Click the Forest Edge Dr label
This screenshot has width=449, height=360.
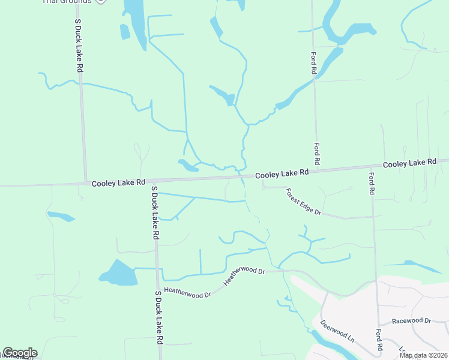[x=304, y=202]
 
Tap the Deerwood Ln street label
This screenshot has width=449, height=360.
[x=337, y=331]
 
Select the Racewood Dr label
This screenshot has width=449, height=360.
[x=411, y=321]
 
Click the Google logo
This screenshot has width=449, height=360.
[x=19, y=353]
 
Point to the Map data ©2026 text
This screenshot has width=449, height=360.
[x=423, y=355]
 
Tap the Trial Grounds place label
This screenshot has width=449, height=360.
[x=67, y=2]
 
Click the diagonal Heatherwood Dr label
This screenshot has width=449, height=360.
[x=244, y=276]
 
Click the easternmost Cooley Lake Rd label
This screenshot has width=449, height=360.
[x=409, y=163]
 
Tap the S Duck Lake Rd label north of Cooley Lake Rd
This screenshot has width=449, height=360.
[x=79, y=46]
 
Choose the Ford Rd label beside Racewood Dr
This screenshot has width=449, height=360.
[x=379, y=340]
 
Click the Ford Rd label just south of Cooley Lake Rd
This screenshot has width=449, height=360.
[x=372, y=183]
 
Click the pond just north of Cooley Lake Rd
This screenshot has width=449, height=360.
[x=188, y=165]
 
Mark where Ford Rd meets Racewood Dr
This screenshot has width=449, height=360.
[x=378, y=325]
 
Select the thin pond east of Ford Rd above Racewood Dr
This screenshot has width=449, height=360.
[x=414, y=265]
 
